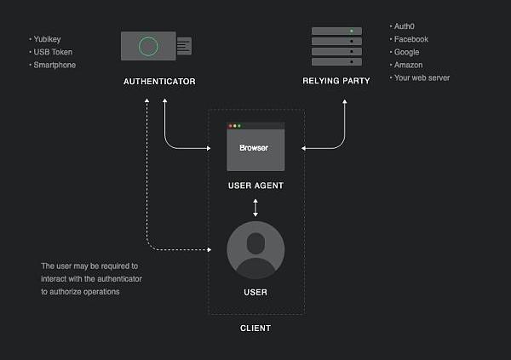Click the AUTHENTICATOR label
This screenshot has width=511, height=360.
click(x=159, y=82)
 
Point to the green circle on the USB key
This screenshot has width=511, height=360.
click(x=148, y=46)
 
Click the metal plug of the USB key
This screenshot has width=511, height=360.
click(x=184, y=46)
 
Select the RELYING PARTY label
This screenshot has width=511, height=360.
click(x=336, y=81)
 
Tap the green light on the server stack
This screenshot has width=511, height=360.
click(x=352, y=31)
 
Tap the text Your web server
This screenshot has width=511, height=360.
click(x=422, y=77)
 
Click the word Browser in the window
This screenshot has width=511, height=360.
click(x=254, y=148)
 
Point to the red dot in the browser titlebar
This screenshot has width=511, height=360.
click(x=231, y=126)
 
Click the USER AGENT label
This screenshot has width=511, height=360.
click(x=255, y=186)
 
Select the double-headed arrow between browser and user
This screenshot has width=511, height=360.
click(x=255, y=208)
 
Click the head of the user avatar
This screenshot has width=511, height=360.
click(x=255, y=243)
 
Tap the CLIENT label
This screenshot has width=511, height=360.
click(x=255, y=328)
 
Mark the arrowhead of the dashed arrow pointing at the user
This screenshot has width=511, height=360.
click(x=210, y=250)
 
